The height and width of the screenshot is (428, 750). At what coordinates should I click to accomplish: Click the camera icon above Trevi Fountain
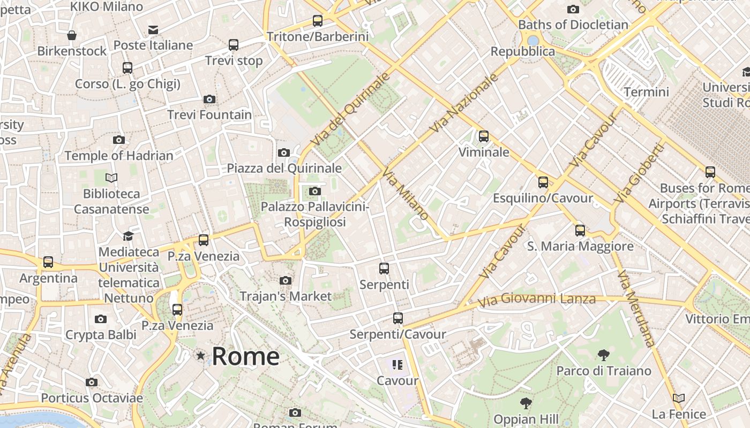[209, 99]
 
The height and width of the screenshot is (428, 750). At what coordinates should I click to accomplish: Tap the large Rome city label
[245, 356]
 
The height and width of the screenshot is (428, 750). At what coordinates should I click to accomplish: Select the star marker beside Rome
[200, 355]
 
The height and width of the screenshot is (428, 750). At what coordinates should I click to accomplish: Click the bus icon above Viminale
[484, 136]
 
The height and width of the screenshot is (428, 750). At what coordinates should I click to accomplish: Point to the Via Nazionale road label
[464, 103]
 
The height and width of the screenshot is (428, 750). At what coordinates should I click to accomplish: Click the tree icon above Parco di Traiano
[603, 355]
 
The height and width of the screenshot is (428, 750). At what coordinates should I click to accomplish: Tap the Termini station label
[646, 92]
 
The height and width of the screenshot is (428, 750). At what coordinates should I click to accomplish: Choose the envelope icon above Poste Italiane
[153, 29]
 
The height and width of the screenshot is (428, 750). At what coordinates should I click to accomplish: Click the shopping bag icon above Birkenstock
[72, 35]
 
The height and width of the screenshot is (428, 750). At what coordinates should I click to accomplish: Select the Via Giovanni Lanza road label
[536, 299]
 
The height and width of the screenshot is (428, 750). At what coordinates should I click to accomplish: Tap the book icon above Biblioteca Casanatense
[111, 178]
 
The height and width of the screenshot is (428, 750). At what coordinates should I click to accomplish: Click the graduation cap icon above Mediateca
[128, 236]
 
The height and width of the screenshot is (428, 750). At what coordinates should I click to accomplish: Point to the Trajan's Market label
[286, 296]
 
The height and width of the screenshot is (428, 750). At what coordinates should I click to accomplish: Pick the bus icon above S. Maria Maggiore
[580, 231]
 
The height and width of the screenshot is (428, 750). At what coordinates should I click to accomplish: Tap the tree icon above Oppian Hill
[526, 403]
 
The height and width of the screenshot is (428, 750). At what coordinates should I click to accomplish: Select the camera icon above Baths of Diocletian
[573, 9]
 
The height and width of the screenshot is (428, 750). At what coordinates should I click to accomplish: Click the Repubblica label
[523, 51]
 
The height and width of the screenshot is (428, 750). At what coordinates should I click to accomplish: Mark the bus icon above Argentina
[48, 262]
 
